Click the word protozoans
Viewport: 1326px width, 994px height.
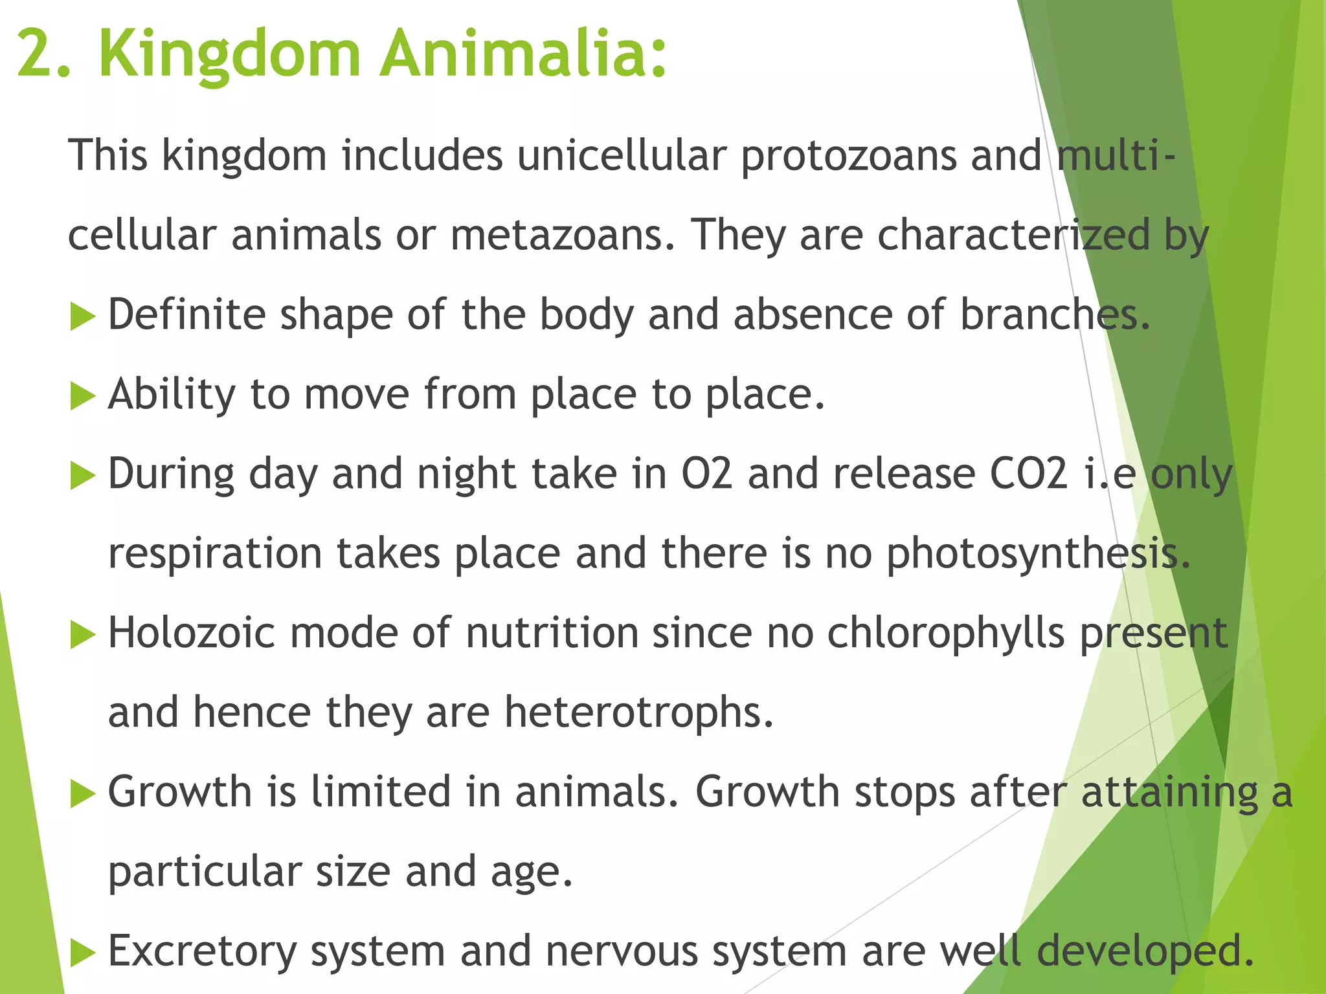(848, 157)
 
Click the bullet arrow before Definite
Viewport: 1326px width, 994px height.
(82, 317)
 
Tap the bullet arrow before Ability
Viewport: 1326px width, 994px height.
(82, 396)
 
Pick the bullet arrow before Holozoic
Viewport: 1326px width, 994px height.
(82, 634)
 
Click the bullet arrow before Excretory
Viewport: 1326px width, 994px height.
(82, 953)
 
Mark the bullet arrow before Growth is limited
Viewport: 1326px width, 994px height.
(82, 793)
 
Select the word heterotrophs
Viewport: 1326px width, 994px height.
(638, 712)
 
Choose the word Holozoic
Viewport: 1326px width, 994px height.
(192, 633)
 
